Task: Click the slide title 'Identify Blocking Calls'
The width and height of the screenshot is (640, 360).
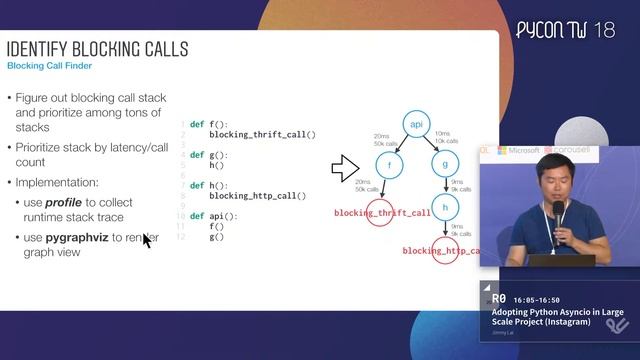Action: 98,49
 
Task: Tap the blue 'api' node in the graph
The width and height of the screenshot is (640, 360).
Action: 417,124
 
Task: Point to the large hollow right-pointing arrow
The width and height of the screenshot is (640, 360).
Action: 345,169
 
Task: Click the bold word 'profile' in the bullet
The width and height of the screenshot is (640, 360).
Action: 62,203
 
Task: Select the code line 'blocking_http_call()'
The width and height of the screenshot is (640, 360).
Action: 257,196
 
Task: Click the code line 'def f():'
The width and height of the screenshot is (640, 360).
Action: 206,123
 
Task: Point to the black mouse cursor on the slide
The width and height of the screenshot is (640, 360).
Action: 146,240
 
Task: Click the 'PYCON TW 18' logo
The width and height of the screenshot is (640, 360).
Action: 565,30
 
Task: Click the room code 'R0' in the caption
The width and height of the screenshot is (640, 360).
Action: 499,299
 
